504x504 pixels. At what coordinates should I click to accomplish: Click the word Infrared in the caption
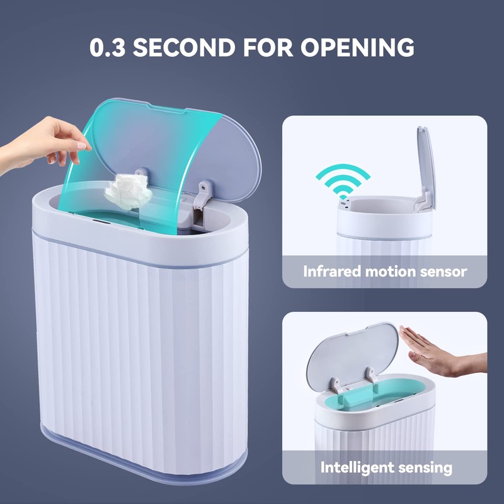click(x=331, y=272)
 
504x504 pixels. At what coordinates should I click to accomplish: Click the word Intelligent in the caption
click(x=356, y=467)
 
